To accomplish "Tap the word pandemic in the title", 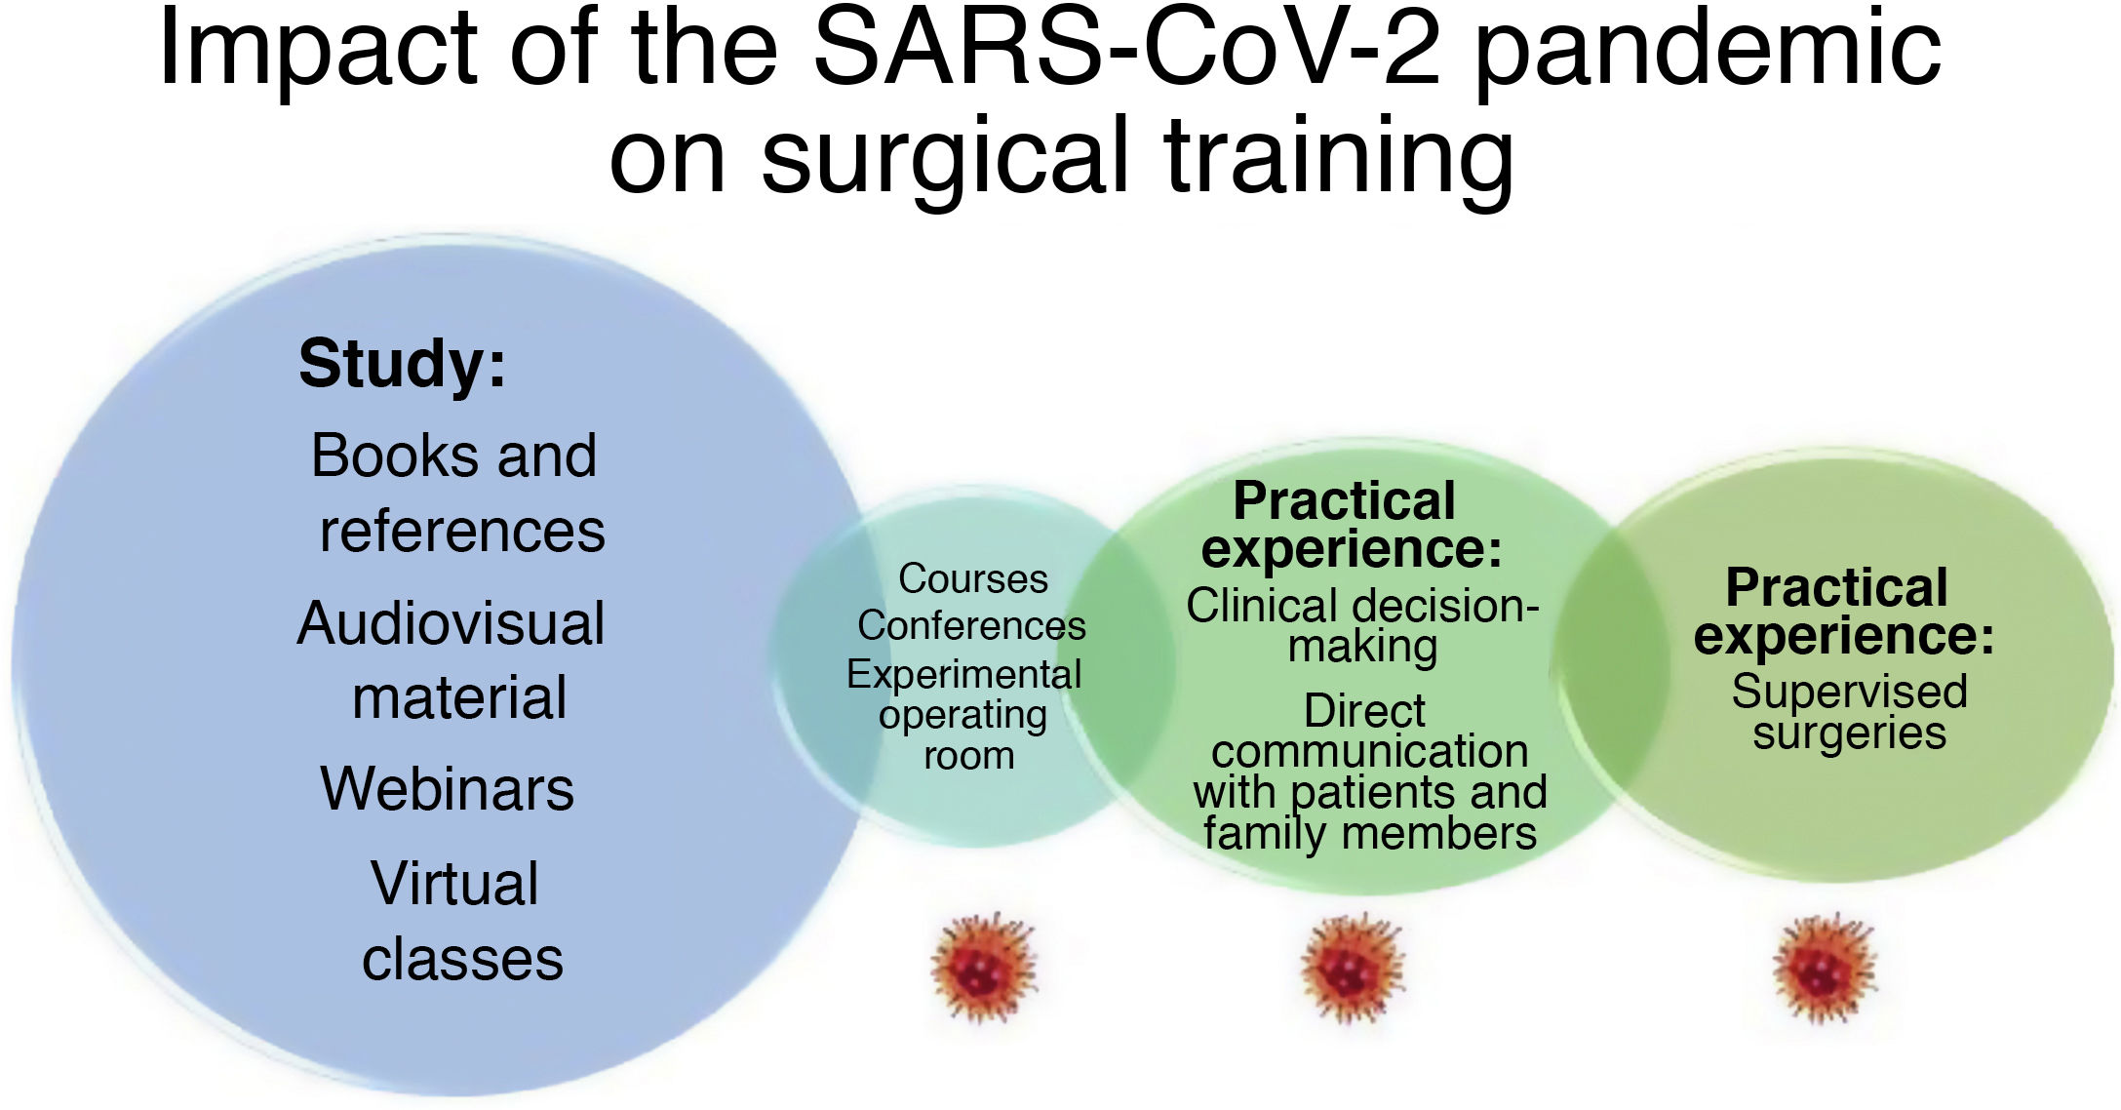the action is pos(1708,54).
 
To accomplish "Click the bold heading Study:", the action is pos(402,364).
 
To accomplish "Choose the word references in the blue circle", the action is pos(462,532).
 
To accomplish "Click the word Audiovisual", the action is pos(451,623).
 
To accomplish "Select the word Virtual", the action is pos(454,884).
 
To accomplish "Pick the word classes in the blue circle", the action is pos(462,960).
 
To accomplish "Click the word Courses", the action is pos(973,579).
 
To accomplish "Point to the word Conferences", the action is pos(971,626).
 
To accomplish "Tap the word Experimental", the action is pos(964,675).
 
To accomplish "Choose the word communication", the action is pos(1370,752).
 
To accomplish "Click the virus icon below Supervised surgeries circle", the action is pos(1824,968).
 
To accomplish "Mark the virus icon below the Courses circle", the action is pos(984,968).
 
